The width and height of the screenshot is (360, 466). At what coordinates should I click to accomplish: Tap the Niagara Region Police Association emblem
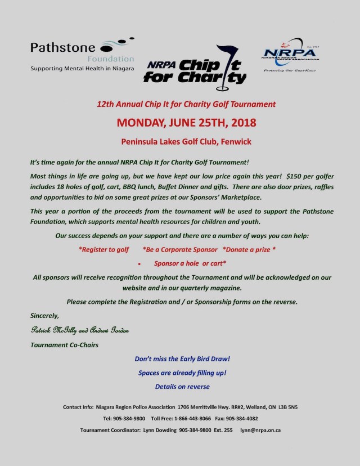pyautogui.click(x=290, y=56)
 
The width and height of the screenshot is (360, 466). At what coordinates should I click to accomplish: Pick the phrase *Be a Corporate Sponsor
pyautogui.click(x=180, y=249)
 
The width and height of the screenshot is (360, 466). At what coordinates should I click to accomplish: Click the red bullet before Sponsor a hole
pyautogui.click(x=139, y=263)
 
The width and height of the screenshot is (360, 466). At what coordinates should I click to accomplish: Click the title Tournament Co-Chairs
pyautogui.click(x=64, y=344)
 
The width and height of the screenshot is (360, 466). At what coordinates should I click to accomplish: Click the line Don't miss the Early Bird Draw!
pyautogui.click(x=182, y=359)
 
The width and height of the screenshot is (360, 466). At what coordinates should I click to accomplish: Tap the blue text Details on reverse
pyautogui.click(x=182, y=387)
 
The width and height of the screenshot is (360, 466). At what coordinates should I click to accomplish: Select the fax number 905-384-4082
pyautogui.click(x=239, y=418)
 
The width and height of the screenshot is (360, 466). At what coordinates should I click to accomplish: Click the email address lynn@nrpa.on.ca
pyautogui.click(x=260, y=430)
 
